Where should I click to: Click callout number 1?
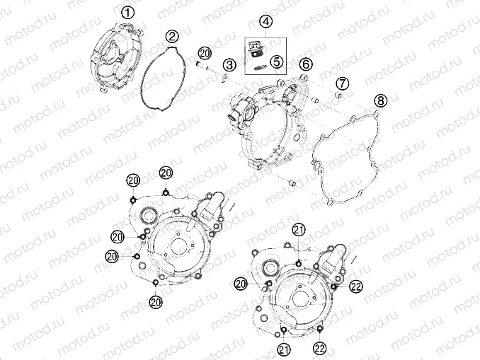tap(127, 12)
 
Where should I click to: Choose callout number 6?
tap(306, 64)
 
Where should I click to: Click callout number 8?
tap(381, 101)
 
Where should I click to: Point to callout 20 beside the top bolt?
tap(204, 54)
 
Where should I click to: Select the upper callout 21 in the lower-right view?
tap(298, 228)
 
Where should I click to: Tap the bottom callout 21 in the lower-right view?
tap(283, 349)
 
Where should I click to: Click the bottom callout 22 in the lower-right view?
tap(321, 349)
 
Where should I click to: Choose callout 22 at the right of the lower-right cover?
tap(355, 284)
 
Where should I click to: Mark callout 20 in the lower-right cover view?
tap(241, 283)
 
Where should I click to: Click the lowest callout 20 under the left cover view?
tap(156, 302)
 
